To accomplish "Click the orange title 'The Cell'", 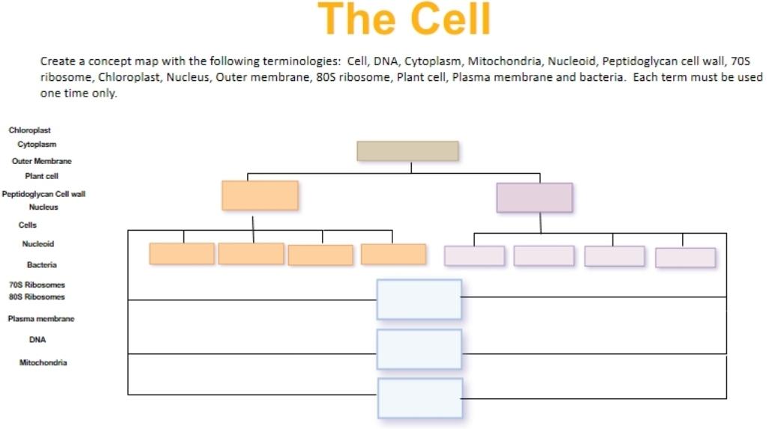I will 404,20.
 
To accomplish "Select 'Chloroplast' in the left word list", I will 30,130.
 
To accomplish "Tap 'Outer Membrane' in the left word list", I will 42,161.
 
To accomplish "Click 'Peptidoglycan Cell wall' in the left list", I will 43,194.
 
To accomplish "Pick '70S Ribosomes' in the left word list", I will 37,285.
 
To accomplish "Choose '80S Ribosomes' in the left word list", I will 37,296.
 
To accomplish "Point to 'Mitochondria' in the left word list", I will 43,362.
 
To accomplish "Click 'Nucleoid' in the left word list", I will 37,244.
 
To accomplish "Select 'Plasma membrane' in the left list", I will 41,319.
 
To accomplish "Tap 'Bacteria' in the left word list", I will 42,265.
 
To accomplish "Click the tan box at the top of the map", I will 407,150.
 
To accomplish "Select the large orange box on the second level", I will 260,195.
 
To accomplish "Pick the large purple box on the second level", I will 534,198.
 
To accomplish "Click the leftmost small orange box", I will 182,254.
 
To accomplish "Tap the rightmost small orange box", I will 393,255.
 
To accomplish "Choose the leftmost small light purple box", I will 474,256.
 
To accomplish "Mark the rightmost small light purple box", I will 685,258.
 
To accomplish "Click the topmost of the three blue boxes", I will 419,299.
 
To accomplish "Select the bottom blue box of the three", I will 419,398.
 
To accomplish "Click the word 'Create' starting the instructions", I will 57,61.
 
